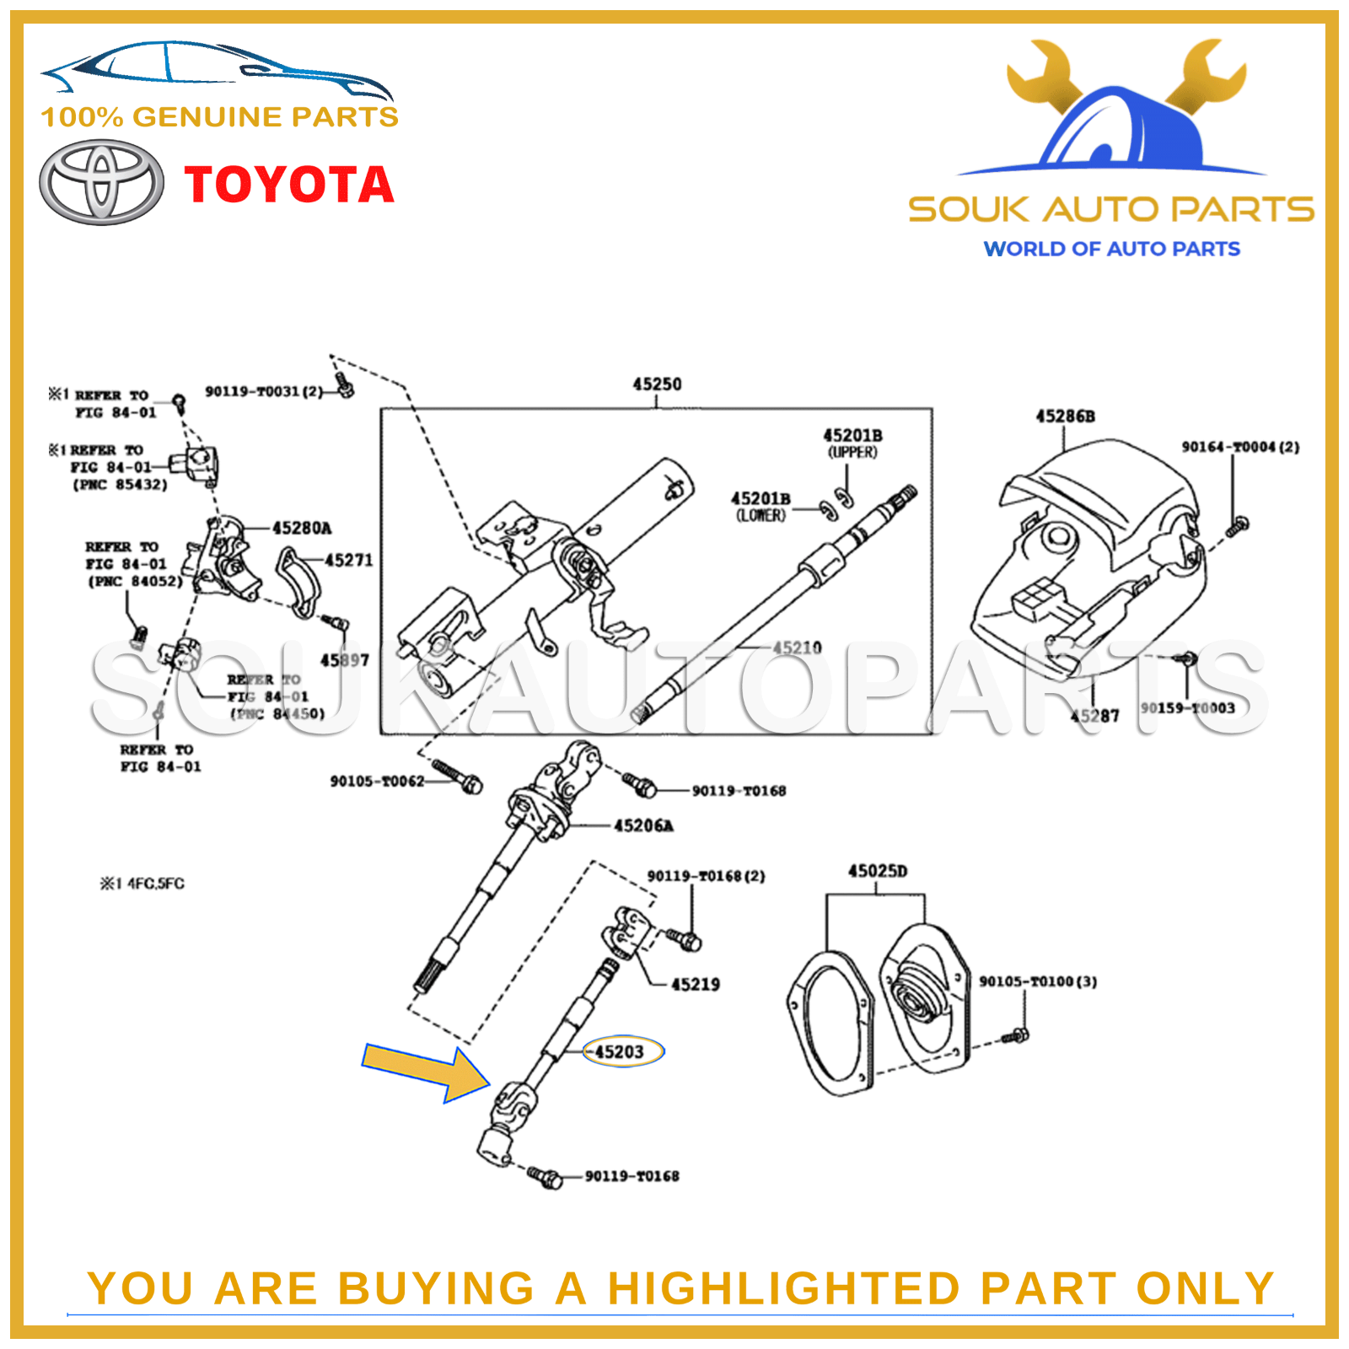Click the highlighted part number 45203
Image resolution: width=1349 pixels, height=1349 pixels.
coord(620,1051)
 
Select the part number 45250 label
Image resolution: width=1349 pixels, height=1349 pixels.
coord(657,384)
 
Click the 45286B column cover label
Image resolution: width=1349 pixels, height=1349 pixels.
coord(1065,417)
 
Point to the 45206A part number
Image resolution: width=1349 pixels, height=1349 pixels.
coord(643,825)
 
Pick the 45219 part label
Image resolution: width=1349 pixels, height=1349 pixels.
coord(695,984)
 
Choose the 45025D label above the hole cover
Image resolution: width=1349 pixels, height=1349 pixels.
coord(877,871)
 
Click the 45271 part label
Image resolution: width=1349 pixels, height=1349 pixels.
coord(348,560)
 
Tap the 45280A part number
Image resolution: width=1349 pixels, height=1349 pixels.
coord(301,529)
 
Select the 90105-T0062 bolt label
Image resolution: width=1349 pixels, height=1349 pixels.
coord(377,782)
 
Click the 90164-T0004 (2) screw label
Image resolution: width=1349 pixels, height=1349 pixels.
coord(1239,447)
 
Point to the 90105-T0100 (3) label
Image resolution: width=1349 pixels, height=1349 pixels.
coord(1037,981)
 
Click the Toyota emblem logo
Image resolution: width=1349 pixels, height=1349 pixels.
coord(101,182)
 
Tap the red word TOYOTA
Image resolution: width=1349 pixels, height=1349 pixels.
coord(289,185)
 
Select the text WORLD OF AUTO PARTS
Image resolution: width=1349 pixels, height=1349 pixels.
coord(1111,249)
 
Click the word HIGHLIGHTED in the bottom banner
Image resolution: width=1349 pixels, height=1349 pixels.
coord(784,1288)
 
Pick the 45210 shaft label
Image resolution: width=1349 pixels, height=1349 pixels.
coord(797,648)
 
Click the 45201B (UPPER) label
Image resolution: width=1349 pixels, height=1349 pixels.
coord(852,443)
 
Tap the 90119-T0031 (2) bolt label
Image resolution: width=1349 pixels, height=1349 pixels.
coord(263,392)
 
